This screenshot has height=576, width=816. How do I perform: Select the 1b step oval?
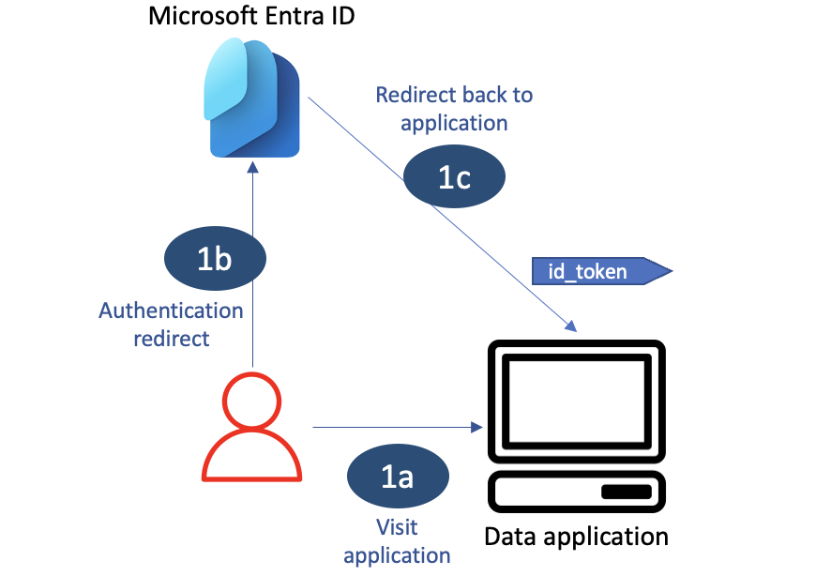pyautogui.click(x=215, y=258)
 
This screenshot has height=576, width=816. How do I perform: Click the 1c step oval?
pyautogui.click(x=454, y=177)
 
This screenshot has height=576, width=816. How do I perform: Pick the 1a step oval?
pyautogui.click(x=398, y=477)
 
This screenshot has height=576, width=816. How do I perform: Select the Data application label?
pyautogui.click(x=576, y=537)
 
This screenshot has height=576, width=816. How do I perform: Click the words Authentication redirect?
pyautogui.click(x=171, y=324)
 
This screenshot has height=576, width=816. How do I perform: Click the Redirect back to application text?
pyautogui.click(x=454, y=108)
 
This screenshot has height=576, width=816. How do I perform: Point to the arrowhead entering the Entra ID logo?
pyautogui.click(x=251, y=166)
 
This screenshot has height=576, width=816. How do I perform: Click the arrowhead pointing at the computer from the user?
pyautogui.click(x=476, y=428)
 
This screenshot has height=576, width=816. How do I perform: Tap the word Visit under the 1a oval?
pyautogui.click(x=397, y=527)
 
